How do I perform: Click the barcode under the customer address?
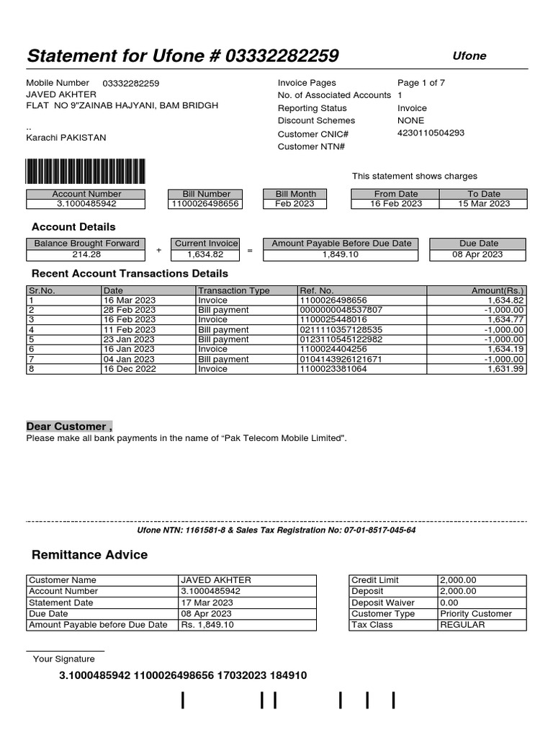point(86,172)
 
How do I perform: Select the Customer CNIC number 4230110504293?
point(431,133)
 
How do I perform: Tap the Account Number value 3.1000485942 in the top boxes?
point(86,204)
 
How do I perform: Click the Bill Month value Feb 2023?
point(295,204)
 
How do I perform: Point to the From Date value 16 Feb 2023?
point(395,204)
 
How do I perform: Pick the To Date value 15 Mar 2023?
point(483,204)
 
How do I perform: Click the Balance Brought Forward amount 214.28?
point(86,254)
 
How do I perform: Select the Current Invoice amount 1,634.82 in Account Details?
point(205,254)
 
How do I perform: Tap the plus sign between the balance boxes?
point(158,250)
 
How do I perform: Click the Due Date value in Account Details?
point(478,254)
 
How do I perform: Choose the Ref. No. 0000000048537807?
point(341,310)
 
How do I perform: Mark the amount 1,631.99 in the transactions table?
point(505,369)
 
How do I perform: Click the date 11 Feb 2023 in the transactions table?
point(129,330)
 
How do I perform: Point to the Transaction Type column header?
point(233,290)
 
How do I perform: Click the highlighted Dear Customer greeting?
point(69,426)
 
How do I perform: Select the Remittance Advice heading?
point(89,555)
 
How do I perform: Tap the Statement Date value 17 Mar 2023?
point(207,603)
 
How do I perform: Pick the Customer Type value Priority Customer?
point(475,614)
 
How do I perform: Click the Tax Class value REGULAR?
point(462,625)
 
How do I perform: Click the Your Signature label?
point(64,659)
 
